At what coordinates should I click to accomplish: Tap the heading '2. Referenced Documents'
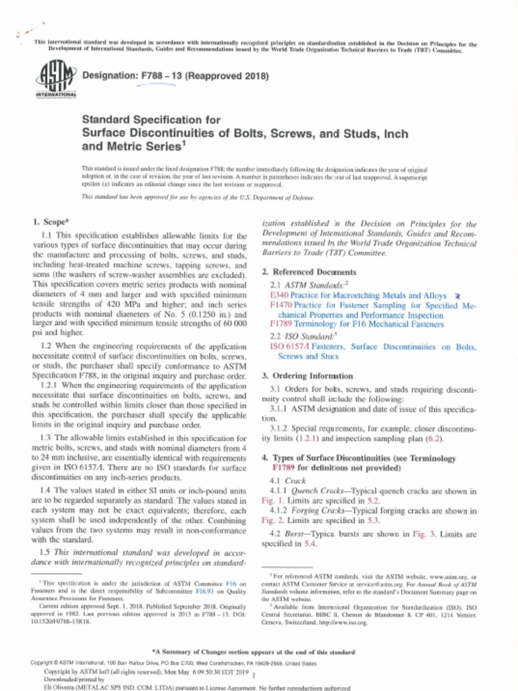pos(310,272)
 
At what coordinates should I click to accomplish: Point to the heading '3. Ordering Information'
pos(307,376)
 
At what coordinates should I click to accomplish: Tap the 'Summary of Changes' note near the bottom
pos(260,653)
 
